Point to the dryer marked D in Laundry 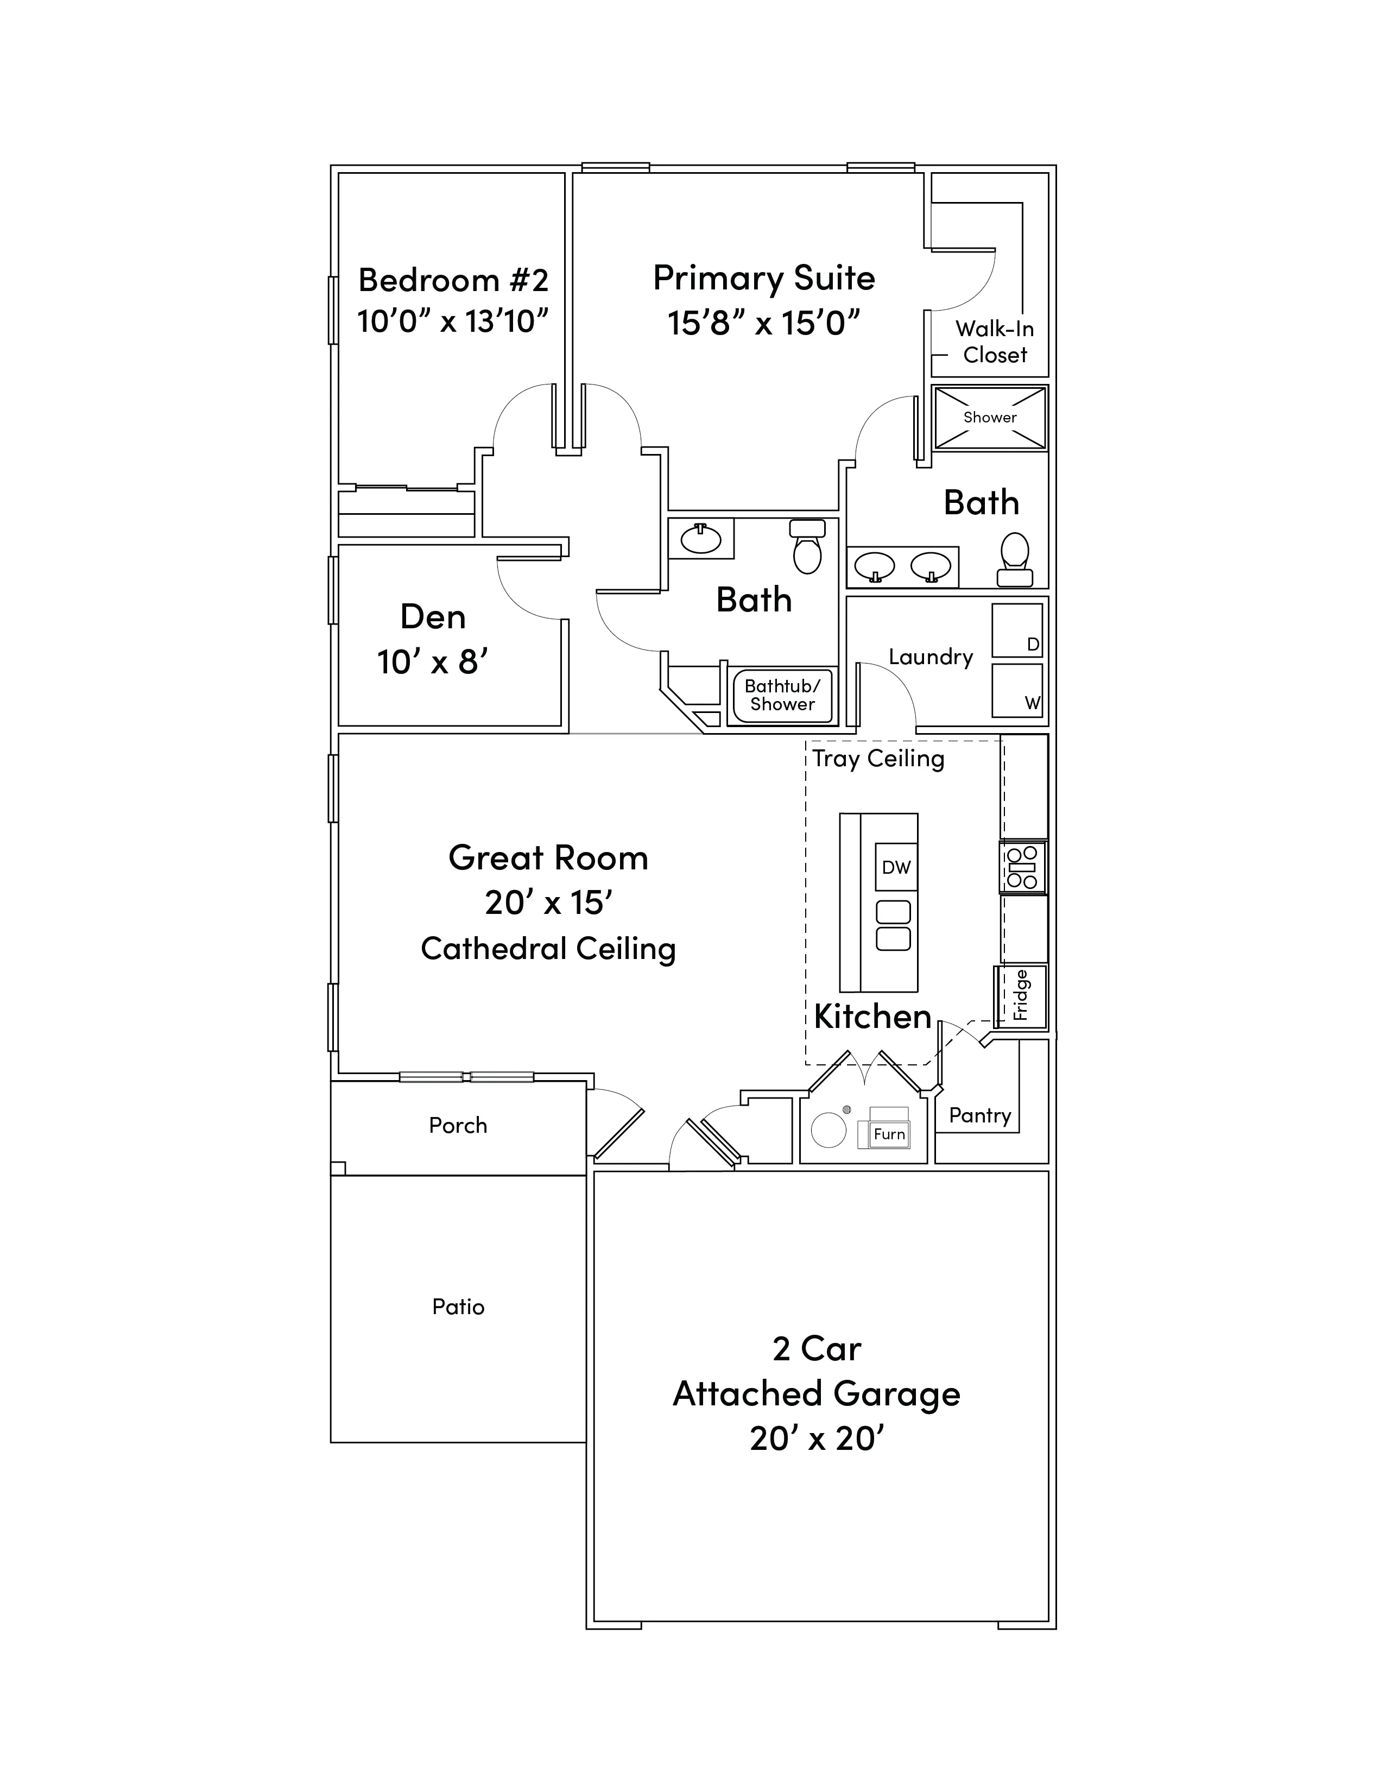pos(1017,630)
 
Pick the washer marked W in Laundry pos(1017,690)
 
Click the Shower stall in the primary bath pos(990,418)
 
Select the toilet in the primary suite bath pos(1015,559)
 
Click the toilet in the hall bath pos(807,546)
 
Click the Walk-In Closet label pos(995,342)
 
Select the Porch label pos(458,1125)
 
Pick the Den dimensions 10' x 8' pos(432,661)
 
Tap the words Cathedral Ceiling pos(548,949)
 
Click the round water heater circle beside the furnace pos(828,1130)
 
